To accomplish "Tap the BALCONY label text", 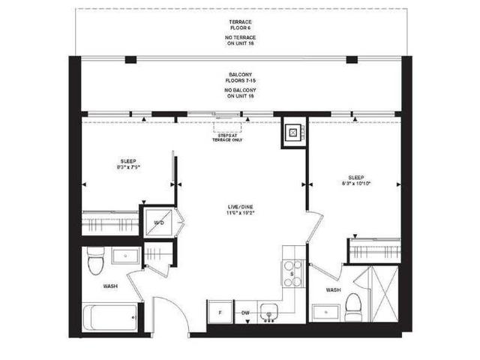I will [239, 75].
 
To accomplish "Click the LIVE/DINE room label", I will [241, 209].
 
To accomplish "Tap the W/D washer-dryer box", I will [158, 222].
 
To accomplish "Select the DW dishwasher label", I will [244, 312].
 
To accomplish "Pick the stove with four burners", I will [292, 273].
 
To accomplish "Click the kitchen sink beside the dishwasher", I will [268, 311].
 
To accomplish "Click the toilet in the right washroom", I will [353, 304].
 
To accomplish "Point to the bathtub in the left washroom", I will [108, 317].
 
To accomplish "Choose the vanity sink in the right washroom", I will [325, 310].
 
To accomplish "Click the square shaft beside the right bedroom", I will [292, 133].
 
